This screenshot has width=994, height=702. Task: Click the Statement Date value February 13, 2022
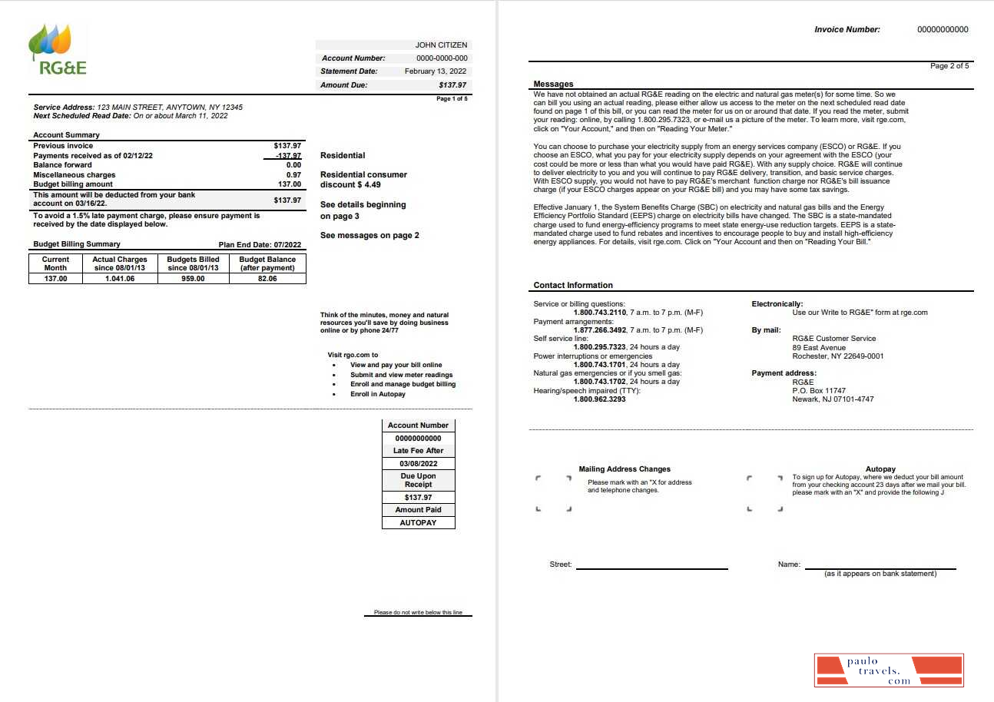(x=436, y=71)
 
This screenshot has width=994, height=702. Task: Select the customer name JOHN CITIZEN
(x=441, y=45)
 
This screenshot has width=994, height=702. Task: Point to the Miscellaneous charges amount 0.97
(x=293, y=175)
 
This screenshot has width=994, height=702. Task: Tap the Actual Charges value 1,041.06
(x=120, y=279)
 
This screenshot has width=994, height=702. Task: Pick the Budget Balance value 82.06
(x=267, y=279)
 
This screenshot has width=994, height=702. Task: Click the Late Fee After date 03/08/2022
(x=419, y=464)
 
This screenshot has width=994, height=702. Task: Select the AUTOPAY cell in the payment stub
(x=419, y=523)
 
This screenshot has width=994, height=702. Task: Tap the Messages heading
(x=553, y=84)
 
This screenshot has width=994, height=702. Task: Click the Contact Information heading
(x=573, y=285)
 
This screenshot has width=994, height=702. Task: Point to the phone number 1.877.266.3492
(x=599, y=330)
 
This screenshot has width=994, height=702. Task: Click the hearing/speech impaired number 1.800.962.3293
(x=599, y=399)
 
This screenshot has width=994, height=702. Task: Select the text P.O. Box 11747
(x=819, y=391)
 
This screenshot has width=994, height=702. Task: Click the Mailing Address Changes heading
(x=625, y=469)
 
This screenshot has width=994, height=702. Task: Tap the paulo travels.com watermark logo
(x=889, y=671)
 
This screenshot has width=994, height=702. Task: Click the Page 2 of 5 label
(x=949, y=66)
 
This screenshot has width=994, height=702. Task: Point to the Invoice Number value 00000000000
(x=943, y=30)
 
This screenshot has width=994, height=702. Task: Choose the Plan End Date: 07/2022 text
(x=260, y=245)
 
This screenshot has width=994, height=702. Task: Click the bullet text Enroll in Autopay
(x=378, y=394)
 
